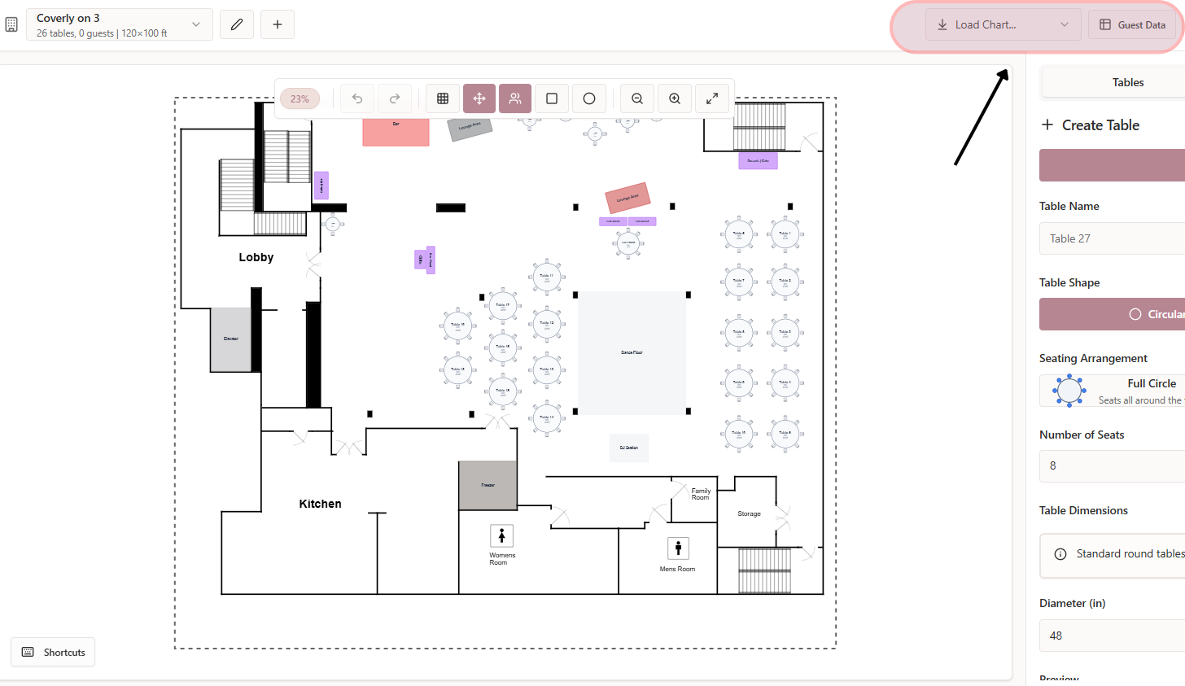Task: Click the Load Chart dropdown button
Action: [x=1003, y=25]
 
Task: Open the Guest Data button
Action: [x=1132, y=25]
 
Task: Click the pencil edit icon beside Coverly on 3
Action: [x=237, y=24]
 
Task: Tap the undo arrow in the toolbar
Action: [x=357, y=98]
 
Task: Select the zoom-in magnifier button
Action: [x=675, y=98]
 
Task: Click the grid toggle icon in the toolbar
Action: [x=443, y=98]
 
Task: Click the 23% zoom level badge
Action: [x=300, y=98]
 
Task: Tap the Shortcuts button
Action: [x=53, y=652]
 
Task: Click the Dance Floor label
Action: [x=632, y=352]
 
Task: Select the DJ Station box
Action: [x=629, y=448]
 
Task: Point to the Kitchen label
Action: [x=320, y=504]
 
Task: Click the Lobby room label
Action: [x=256, y=257]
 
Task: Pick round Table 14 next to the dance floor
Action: [x=547, y=418]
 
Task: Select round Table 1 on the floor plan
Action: [x=785, y=235]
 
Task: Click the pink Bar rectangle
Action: [x=396, y=131]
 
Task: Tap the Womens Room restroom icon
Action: [x=501, y=535]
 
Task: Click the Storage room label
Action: [x=749, y=513]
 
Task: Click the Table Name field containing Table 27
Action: [x=1112, y=238]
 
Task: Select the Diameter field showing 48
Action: [x=1112, y=636]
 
